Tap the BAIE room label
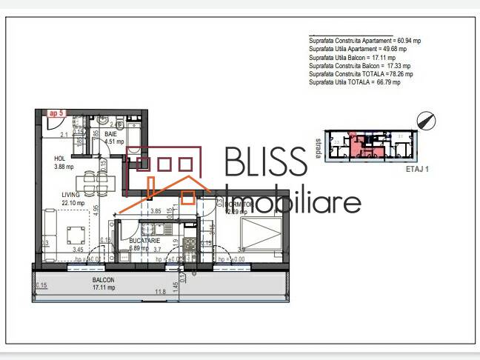point(110,133)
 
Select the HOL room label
point(61,159)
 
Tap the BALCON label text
point(103,281)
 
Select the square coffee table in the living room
point(75,236)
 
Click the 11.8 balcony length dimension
point(159,292)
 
